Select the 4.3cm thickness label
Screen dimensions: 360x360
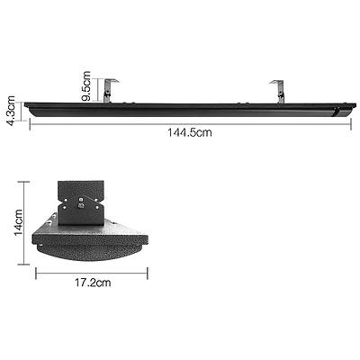[x=12, y=111]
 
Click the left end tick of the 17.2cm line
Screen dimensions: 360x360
[x=36, y=270]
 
